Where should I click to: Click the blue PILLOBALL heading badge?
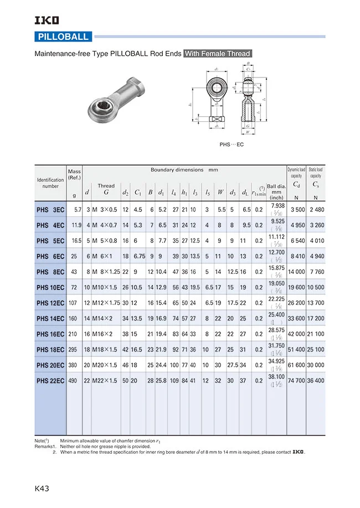click(63, 37)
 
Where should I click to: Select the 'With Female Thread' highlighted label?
click(218, 54)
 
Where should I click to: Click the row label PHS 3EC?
click(50, 210)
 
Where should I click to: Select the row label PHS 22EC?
click(50, 381)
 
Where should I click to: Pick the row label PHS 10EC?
click(50, 288)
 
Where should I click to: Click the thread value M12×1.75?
click(105, 303)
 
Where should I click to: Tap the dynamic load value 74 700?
click(296, 381)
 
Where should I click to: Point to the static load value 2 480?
click(316, 210)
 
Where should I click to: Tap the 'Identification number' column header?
click(50, 183)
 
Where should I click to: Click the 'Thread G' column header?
click(106, 189)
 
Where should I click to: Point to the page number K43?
click(42, 488)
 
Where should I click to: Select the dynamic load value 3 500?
click(297, 210)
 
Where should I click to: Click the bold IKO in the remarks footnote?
click(298, 452)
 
